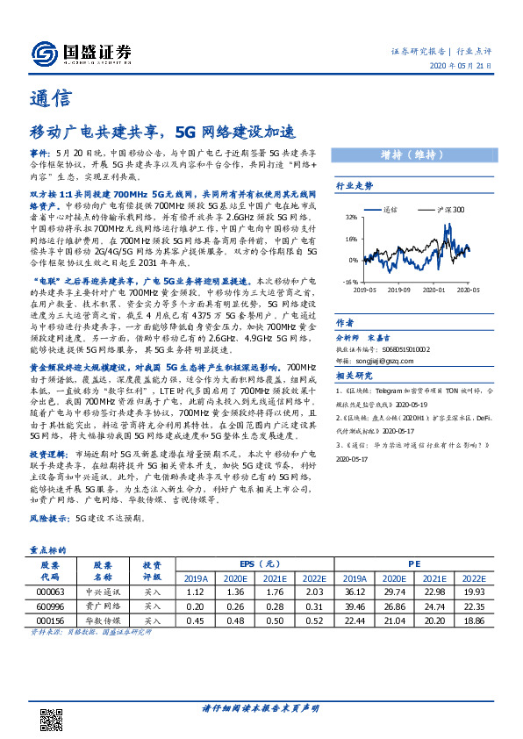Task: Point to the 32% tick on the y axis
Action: pyautogui.click(x=350, y=216)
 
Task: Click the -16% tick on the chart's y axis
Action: pyautogui.click(x=349, y=283)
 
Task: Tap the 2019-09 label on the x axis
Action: pyautogui.click(x=400, y=289)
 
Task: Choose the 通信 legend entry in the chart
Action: pyautogui.click(x=390, y=211)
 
